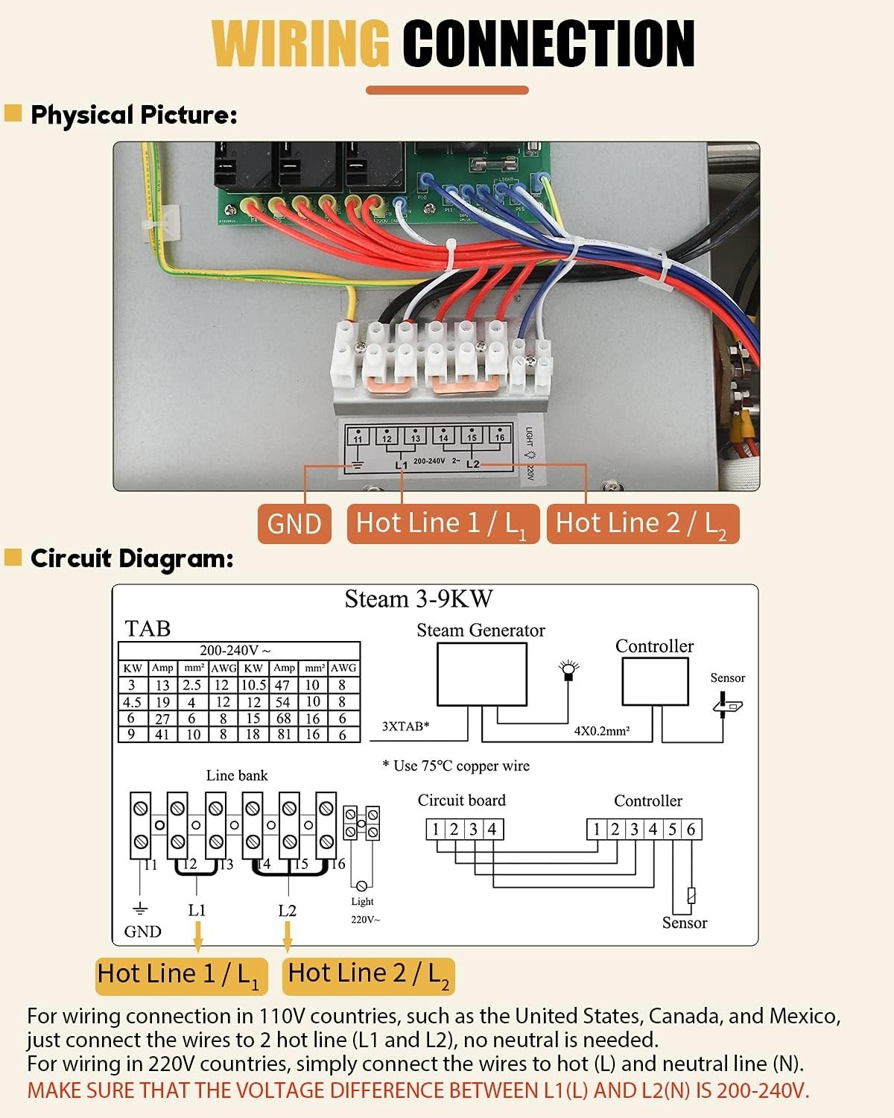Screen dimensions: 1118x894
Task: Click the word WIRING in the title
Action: (x=301, y=43)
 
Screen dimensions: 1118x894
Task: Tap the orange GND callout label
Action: (x=294, y=523)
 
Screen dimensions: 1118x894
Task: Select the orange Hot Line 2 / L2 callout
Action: (x=642, y=523)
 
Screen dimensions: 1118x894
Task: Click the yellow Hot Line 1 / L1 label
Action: (x=179, y=975)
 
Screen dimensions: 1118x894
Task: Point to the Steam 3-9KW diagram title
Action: (x=418, y=599)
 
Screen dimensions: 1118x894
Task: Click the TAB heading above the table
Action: (x=148, y=628)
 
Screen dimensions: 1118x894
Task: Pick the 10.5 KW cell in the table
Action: (x=253, y=685)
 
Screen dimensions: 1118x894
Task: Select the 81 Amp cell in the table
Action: (x=283, y=734)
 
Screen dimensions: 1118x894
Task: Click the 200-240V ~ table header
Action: (x=235, y=651)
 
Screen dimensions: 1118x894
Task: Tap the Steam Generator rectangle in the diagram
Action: (x=481, y=674)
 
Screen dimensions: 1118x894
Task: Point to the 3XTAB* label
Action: (x=406, y=726)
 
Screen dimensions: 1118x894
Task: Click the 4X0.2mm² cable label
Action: (x=602, y=731)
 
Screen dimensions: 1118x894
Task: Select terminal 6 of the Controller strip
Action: (x=691, y=830)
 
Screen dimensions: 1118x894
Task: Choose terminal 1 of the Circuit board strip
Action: (x=436, y=830)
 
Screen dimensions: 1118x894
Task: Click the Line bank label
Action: (x=236, y=775)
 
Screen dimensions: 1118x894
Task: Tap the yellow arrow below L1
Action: (x=197, y=936)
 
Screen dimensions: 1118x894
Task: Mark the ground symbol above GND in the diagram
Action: (x=139, y=909)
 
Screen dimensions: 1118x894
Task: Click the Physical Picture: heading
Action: (x=133, y=115)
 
